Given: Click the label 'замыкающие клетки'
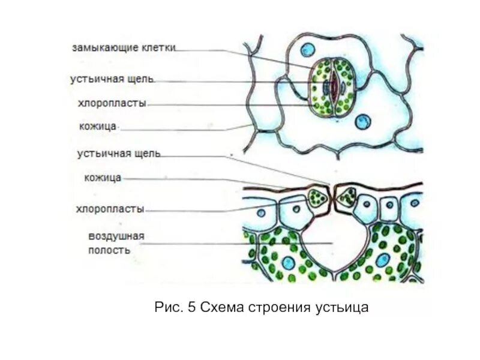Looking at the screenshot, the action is point(124,47).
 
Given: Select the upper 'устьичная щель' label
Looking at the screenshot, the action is point(113,79).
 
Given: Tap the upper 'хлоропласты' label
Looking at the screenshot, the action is point(112,103).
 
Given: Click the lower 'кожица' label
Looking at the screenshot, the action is point(103,178).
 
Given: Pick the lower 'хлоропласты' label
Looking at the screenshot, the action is point(110,209).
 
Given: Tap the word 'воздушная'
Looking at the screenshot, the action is point(116,236).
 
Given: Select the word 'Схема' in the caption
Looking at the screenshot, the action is point(223,308).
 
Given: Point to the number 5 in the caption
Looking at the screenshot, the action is point(192,308).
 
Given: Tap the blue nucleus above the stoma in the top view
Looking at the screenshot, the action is point(307,49).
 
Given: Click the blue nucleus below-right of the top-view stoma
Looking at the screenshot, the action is point(362,122).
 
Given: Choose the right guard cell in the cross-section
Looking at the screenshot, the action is point(346,196).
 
